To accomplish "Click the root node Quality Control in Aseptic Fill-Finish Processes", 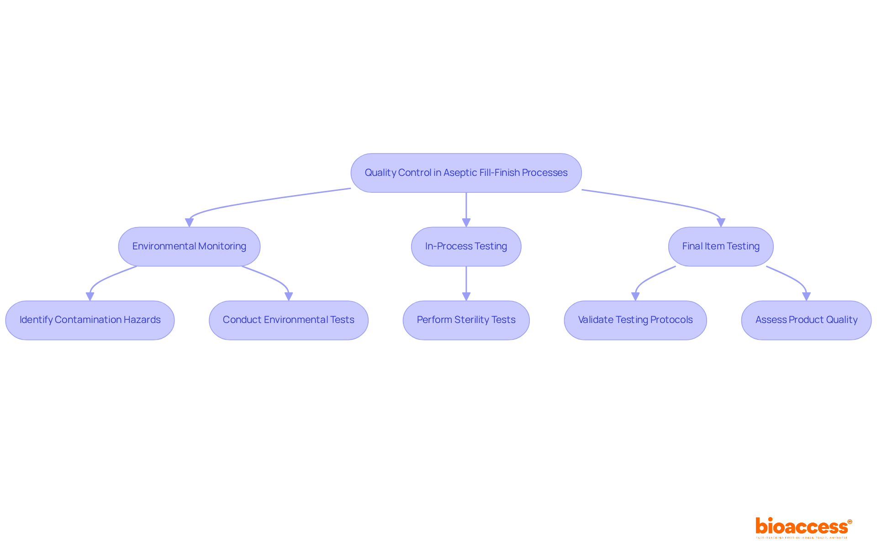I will [x=466, y=173].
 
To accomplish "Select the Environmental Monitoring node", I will [x=189, y=246].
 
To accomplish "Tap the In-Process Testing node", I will [x=466, y=246].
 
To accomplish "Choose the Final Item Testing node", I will [x=721, y=246].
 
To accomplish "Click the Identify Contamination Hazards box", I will [x=90, y=320].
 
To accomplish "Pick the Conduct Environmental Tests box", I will [x=288, y=320].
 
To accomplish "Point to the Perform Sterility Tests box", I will [x=466, y=320].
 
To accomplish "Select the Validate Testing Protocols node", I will [x=635, y=320].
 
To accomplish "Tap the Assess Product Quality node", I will [x=806, y=320].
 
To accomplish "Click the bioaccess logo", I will [x=803, y=527].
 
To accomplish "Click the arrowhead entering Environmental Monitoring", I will [x=189, y=222].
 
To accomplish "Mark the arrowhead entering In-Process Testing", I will [x=466, y=222].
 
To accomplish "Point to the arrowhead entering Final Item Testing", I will [x=721, y=222].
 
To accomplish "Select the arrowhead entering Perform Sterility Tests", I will [x=466, y=296].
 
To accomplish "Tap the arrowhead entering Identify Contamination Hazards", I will [x=90, y=296].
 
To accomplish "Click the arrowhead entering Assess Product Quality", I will [x=806, y=296].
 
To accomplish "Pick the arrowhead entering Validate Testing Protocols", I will [x=635, y=296].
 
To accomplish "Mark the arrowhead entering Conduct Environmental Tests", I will [x=288, y=296].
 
